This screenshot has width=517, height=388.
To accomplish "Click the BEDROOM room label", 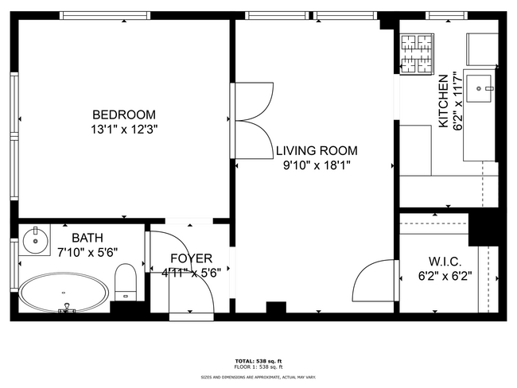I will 123,114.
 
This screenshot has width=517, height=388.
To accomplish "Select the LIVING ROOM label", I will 317,150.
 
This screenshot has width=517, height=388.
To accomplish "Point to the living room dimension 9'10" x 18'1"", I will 317,165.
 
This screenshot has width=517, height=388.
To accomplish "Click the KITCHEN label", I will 443,101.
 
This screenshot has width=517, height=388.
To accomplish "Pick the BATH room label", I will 87,238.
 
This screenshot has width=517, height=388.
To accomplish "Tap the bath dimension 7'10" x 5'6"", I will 87,252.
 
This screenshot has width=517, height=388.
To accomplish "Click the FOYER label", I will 191,258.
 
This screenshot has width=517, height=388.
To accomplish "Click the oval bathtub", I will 64,293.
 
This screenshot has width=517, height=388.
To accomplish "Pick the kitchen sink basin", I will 480,84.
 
